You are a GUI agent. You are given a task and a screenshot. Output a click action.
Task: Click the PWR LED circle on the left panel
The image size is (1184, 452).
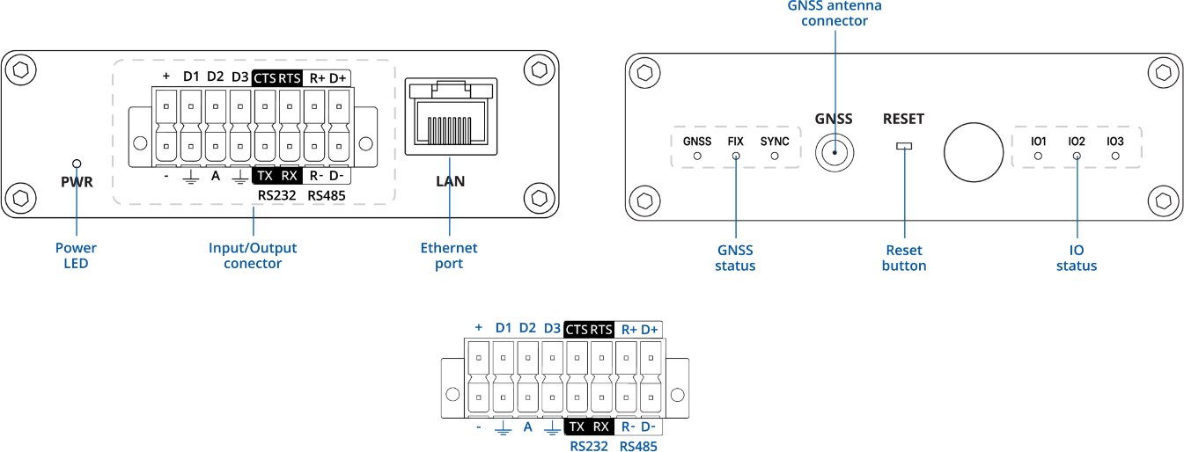coord(77,164)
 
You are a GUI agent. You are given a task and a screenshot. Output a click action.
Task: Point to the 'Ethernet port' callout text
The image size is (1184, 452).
coord(449,255)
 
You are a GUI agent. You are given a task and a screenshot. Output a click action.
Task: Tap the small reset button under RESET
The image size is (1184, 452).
coord(904,146)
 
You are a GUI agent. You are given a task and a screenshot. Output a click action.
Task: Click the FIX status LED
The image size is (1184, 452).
coord(736,156)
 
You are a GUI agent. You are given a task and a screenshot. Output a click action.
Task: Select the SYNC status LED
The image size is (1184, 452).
coord(775,156)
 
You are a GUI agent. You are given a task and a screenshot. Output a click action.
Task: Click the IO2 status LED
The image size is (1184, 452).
coord(1077,156)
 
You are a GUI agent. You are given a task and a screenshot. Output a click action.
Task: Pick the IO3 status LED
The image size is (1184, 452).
coord(1115,156)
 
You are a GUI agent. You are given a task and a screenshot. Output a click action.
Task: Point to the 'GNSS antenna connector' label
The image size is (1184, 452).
coord(834,12)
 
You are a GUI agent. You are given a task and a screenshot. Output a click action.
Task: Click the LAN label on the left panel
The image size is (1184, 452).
coord(449,183)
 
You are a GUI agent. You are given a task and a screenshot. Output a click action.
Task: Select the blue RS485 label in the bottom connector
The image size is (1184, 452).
coord(638,446)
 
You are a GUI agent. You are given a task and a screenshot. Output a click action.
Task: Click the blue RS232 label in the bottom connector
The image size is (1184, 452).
coord(589,446)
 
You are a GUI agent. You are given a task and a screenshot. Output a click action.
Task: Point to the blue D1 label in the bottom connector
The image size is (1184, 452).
coord(504,327)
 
